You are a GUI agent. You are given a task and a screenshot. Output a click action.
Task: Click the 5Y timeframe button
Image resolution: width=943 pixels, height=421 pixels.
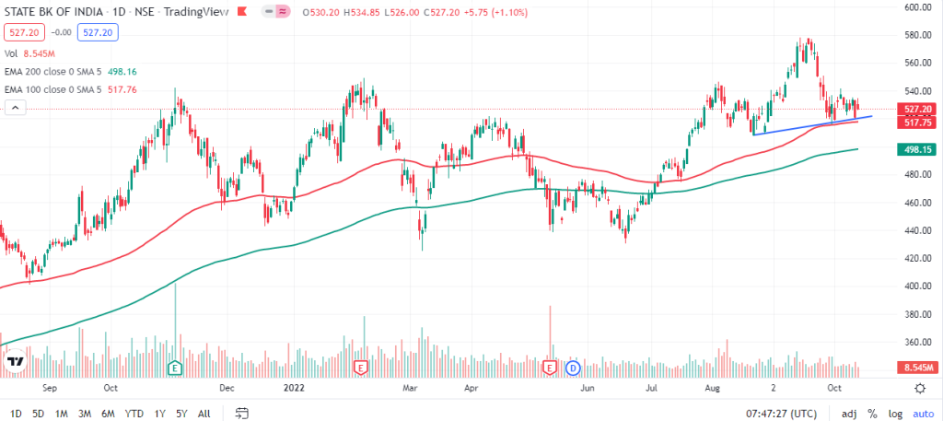pyautogui.click(x=181, y=414)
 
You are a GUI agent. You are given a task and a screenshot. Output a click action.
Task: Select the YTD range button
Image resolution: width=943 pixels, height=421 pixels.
pyautogui.click(x=134, y=414)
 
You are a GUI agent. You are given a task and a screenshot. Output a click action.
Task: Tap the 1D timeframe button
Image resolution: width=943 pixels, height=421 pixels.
pyautogui.click(x=17, y=414)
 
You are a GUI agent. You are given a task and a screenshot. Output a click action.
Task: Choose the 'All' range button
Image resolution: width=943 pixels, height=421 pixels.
pyautogui.click(x=204, y=414)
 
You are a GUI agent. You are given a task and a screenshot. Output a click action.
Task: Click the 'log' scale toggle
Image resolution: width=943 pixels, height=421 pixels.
pyautogui.click(x=893, y=414)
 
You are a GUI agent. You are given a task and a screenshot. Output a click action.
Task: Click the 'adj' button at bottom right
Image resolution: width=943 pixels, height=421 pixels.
pyautogui.click(x=849, y=414)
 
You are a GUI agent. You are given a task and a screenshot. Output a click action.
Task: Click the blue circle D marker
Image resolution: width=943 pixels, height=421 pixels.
pyautogui.click(x=572, y=368)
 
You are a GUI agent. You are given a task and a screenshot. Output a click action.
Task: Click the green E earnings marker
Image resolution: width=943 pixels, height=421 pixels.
pyautogui.click(x=174, y=368)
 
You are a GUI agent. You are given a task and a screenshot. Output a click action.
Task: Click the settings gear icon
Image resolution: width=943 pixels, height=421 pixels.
pyautogui.click(x=919, y=389)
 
